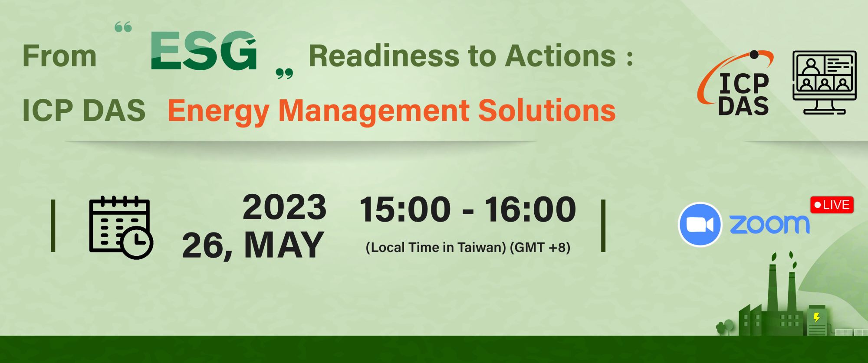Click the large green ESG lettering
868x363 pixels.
pyautogui.click(x=204, y=50)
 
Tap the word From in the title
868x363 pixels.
pyautogui.click(x=59, y=56)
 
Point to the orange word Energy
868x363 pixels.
pyautogui.click(x=218, y=111)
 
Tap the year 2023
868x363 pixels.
pyautogui.click(x=284, y=207)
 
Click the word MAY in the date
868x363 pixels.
pyautogui.click(x=284, y=245)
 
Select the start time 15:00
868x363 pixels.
pyautogui.click(x=405, y=209)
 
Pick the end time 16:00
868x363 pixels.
pyautogui.click(x=530, y=209)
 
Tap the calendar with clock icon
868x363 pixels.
pyautogui.click(x=121, y=227)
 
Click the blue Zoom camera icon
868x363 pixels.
pyautogui.click(x=700, y=225)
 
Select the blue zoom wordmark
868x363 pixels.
pyautogui.click(x=769, y=224)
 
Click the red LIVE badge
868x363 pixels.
pyautogui.click(x=832, y=205)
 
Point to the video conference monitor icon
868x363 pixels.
pyautogui.click(x=825, y=82)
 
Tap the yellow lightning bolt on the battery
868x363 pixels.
pyautogui.click(x=817, y=318)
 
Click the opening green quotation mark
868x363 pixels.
pyautogui.click(x=123, y=28)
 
